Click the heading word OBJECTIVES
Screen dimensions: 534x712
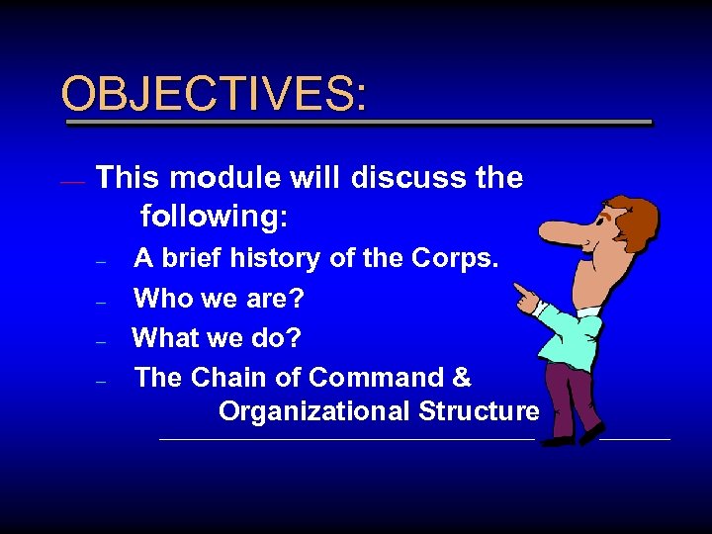pos(213,94)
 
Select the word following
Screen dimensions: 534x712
pos(214,215)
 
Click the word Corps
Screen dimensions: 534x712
pos(462,259)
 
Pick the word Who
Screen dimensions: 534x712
pos(161,298)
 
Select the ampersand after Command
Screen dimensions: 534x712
pos(462,378)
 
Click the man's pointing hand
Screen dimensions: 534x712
pos(523,294)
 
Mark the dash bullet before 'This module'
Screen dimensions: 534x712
pos(71,182)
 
